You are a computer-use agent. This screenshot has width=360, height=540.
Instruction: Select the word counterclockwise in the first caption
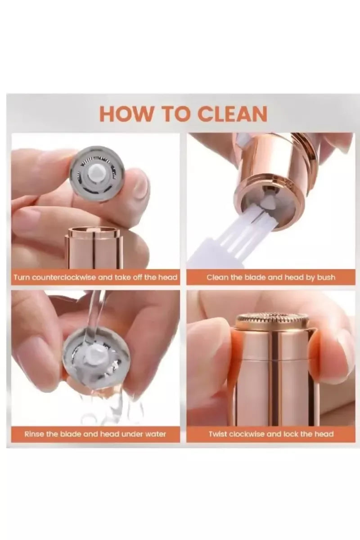(65, 277)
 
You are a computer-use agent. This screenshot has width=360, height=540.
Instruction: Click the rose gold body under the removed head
(94, 248)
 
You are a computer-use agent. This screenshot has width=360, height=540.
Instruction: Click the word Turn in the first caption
(22, 277)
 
